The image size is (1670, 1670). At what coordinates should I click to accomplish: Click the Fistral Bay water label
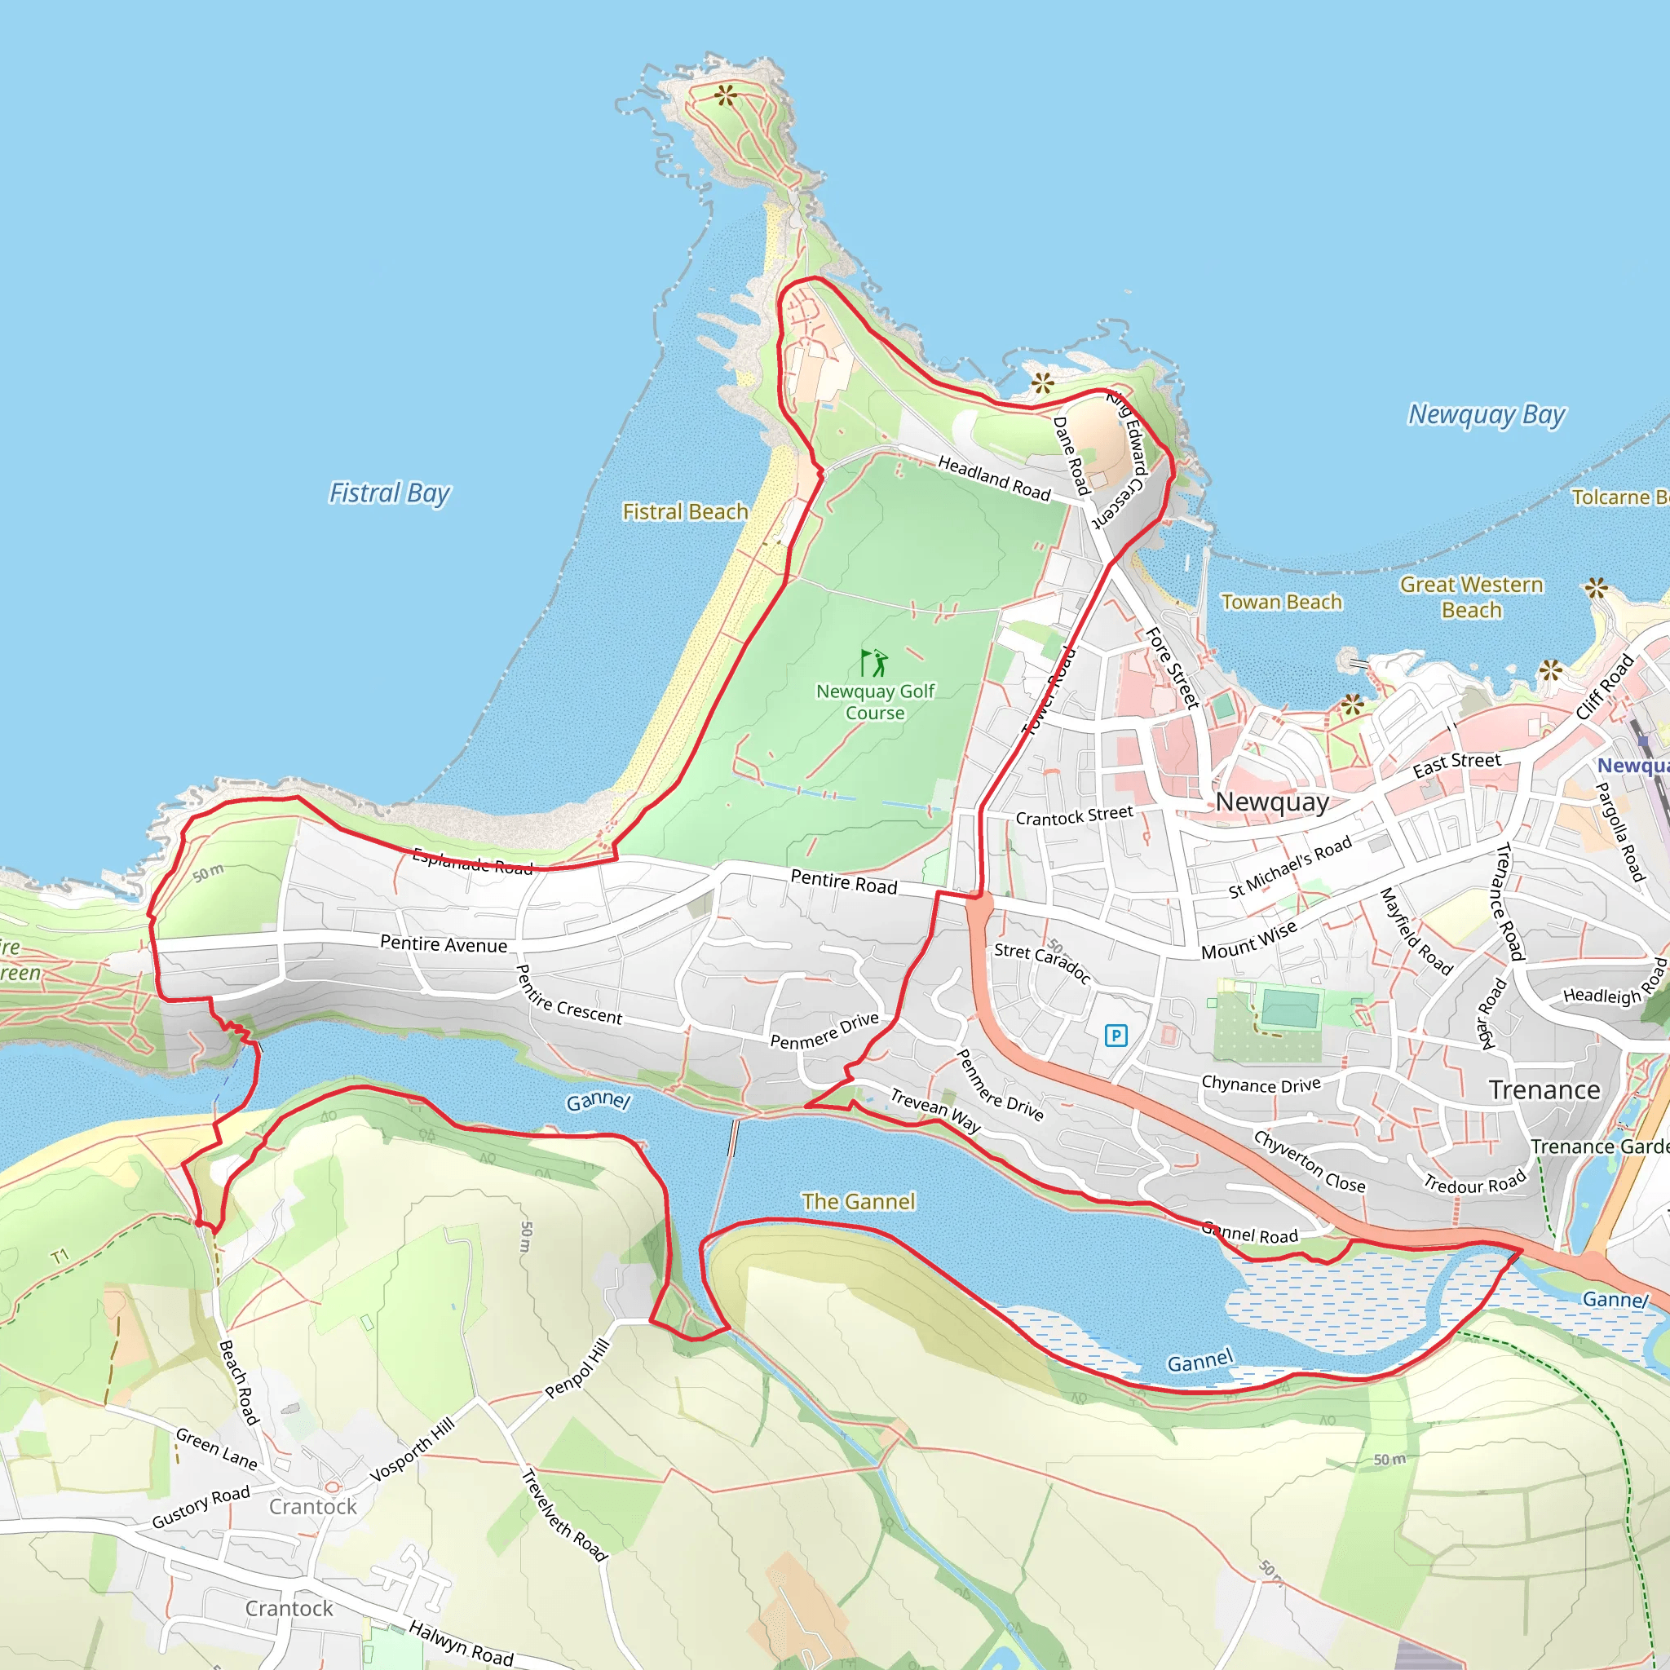pos(390,493)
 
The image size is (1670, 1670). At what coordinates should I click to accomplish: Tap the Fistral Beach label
pos(686,512)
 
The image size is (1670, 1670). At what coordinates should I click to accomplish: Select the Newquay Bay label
pos(1487,415)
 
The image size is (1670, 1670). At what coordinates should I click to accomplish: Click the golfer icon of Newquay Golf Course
pos(874,662)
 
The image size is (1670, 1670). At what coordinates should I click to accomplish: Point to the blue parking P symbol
pos(1116,1035)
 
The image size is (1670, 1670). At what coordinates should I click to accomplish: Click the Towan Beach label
pos(1281,602)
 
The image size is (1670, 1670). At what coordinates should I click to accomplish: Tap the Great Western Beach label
pos(1471,597)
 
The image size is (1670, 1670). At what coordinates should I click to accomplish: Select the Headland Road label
pos(994,478)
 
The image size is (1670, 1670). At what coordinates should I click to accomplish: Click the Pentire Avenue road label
pos(444,944)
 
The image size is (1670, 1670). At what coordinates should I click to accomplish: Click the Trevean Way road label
pos(935,1111)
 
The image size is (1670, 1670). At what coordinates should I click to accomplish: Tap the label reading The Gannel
pos(858,1201)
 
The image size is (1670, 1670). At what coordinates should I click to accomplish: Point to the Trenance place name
pos(1544,1090)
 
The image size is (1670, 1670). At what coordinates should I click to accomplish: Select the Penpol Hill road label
pos(577,1368)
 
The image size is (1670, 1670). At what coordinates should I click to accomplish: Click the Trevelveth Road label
pos(564,1514)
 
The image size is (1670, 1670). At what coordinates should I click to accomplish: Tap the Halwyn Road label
pos(461,1642)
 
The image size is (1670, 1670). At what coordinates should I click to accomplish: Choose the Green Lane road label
pos(216,1450)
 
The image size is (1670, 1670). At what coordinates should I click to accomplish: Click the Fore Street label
pos(1172,668)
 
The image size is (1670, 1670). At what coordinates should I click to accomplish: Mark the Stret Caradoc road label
pos(1042,962)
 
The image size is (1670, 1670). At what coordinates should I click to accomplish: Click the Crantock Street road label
pos(1074,815)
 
